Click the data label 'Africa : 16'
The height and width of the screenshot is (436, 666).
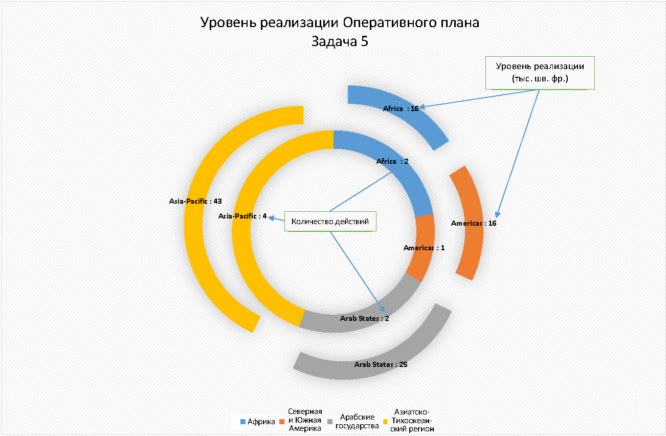401,108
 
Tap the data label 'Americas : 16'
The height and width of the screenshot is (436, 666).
474,223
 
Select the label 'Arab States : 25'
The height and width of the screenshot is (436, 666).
381,364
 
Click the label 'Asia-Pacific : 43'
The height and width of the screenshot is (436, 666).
195,201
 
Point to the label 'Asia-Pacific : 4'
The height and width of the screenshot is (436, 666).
242,216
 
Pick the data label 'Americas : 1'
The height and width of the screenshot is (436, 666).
424,248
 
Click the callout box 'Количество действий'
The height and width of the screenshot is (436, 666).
330,221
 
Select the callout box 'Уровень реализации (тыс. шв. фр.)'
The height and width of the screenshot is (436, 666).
540,73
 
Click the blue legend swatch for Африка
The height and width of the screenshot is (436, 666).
243,422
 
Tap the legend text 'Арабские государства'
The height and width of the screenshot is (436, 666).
357,422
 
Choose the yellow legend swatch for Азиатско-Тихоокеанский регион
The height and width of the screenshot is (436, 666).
385,422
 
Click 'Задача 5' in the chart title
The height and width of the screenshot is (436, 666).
340,41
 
